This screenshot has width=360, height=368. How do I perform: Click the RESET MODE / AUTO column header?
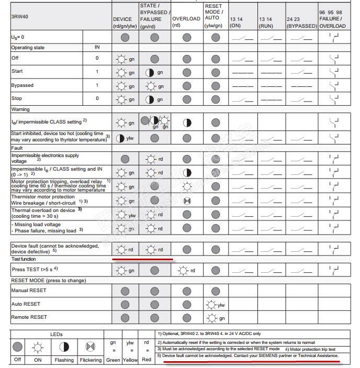[x=214, y=16]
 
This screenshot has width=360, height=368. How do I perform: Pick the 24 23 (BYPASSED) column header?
[x=301, y=22]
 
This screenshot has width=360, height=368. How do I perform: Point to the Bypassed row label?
[x=22, y=85]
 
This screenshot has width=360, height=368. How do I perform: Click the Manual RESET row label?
[x=29, y=291]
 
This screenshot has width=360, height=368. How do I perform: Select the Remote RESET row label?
[x=29, y=317]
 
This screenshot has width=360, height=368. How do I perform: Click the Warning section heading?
[x=20, y=109]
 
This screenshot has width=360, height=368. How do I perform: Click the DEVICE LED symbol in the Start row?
[x=122, y=72]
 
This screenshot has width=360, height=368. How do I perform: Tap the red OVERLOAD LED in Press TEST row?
[x=183, y=271]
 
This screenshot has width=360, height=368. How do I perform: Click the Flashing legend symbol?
[x=64, y=346]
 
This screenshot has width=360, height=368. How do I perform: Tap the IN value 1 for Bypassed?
[x=97, y=85]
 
